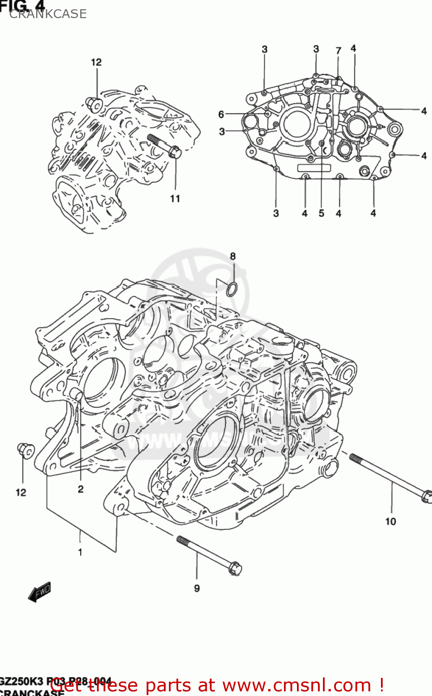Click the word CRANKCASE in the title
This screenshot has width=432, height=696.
[48, 14]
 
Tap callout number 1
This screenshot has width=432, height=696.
[80, 552]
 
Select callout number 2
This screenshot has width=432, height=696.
[81, 489]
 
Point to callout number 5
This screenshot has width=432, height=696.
[322, 213]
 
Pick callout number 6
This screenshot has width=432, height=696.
[221, 114]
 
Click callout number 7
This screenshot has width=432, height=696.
[339, 51]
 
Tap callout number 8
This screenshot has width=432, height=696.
[233, 256]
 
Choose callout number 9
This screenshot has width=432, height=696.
[197, 588]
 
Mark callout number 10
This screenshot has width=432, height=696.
[391, 522]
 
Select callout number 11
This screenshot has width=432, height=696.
[175, 199]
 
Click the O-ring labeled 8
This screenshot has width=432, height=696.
[232, 289]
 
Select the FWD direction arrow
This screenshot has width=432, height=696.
[39, 592]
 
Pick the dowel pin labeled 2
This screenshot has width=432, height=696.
[77, 395]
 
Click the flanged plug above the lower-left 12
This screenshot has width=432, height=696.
[25, 450]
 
